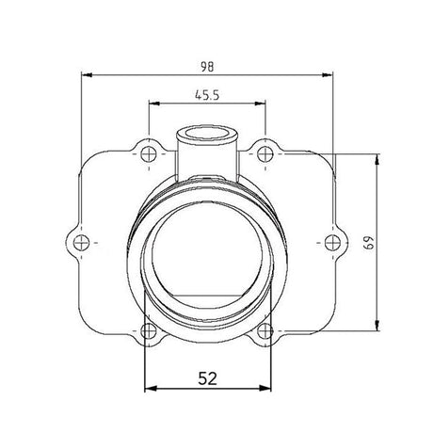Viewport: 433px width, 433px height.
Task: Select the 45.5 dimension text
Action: click(x=207, y=95)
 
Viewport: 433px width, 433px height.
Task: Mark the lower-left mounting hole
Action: click(x=147, y=329)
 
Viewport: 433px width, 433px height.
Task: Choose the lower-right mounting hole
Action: click(x=266, y=329)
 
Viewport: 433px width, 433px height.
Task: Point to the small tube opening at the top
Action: click(x=207, y=132)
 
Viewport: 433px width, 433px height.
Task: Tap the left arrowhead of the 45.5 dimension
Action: click(x=151, y=104)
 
